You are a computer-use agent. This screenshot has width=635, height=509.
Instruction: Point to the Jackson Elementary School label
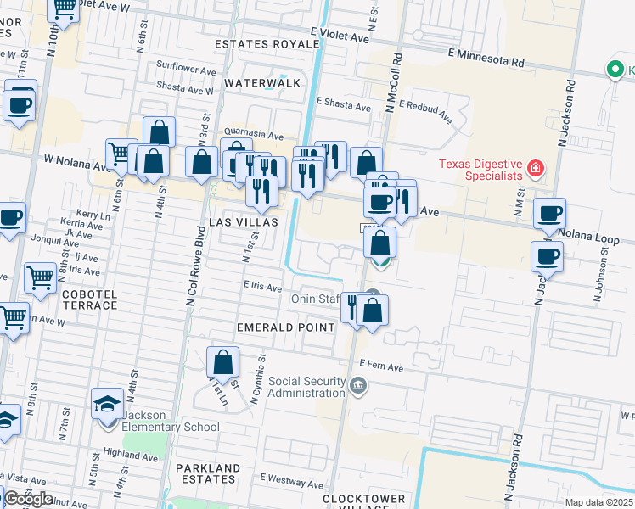[x=171, y=421]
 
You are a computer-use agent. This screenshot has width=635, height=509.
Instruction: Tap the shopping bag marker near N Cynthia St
[x=222, y=363]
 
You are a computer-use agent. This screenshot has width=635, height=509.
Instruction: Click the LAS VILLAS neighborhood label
[x=244, y=221]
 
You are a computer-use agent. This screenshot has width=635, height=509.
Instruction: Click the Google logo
[x=28, y=499]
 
